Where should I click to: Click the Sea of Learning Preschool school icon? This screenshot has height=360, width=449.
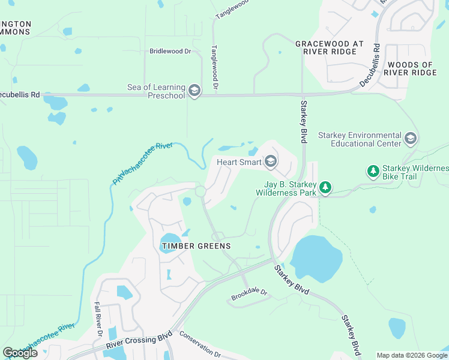(x=194, y=91)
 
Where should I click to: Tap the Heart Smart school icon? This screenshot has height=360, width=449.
(x=271, y=161)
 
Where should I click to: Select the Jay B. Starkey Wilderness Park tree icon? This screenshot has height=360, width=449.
(x=325, y=188)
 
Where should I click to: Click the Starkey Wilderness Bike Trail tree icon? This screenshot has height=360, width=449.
(x=373, y=172)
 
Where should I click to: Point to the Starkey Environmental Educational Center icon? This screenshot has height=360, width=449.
(x=411, y=139)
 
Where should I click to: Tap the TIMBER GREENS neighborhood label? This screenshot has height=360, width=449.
(x=196, y=246)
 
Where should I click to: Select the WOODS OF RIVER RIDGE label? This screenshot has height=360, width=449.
(x=411, y=68)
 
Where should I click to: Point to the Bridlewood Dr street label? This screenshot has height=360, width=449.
(x=170, y=52)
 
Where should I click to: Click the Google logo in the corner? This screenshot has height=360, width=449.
(x=20, y=353)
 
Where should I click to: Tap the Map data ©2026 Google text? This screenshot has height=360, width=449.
(x=411, y=355)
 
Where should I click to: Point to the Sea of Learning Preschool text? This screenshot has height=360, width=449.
(x=156, y=91)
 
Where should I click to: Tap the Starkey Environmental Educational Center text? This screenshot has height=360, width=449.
(x=359, y=140)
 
